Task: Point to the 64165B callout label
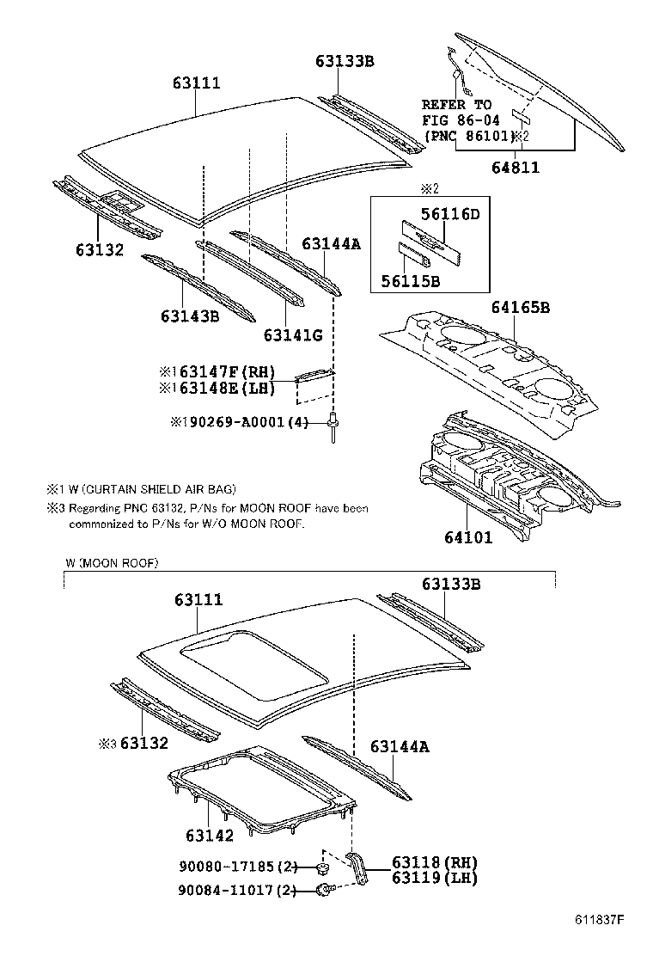pyautogui.click(x=521, y=308)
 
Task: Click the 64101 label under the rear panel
pyautogui.click(x=468, y=539)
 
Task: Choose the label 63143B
pyautogui.click(x=189, y=316)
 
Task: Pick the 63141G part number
pyautogui.click(x=293, y=334)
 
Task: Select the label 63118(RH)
pyautogui.click(x=434, y=862)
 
